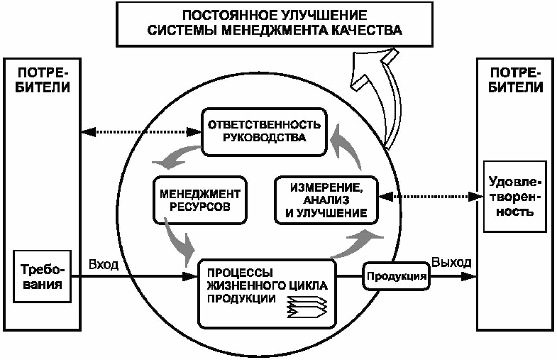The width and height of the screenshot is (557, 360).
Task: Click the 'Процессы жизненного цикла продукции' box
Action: tap(265, 285)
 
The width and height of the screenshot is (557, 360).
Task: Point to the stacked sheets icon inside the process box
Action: tap(305, 307)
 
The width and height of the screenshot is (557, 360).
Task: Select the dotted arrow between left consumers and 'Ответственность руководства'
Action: tap(138, 131)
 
